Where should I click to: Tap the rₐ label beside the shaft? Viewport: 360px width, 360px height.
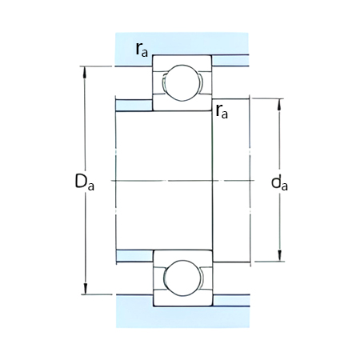click(x=222, y=111)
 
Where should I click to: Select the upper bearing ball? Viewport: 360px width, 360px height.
click(x=182, y=82)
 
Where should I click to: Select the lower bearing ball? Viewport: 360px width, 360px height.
click(x=182, y=278)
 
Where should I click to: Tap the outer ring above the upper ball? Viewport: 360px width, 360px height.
click(x=182, y=61)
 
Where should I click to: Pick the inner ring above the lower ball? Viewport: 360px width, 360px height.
click(x=182, y=256)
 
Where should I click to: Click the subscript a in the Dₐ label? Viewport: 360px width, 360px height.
click(x=91, y=187)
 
